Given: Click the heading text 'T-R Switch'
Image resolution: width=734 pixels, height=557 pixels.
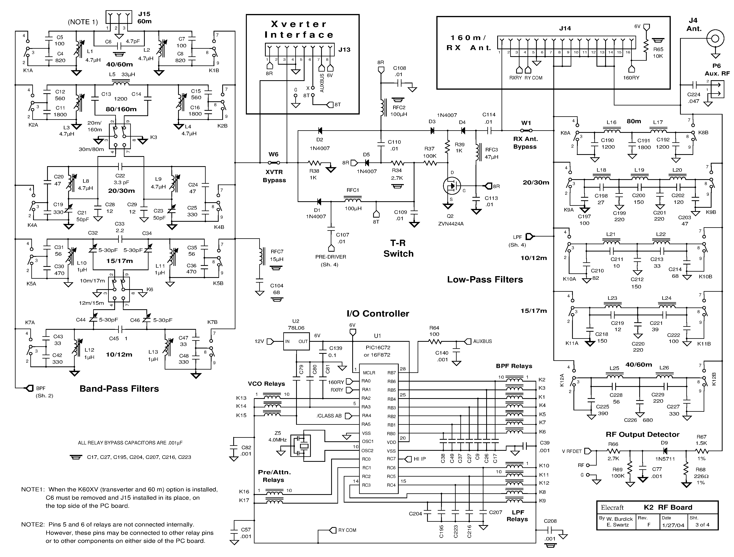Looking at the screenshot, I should (398, 248).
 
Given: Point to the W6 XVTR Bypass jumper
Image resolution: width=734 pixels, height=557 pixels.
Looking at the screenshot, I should (274, 163).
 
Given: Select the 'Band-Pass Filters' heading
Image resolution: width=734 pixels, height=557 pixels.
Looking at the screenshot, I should (119, 389).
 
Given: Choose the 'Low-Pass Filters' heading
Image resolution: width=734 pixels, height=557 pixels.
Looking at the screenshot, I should (485, 279).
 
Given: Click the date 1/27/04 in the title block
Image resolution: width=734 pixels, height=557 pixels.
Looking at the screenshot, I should (673, 525).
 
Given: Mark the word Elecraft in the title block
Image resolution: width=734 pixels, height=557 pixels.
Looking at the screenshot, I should (612, 508).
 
